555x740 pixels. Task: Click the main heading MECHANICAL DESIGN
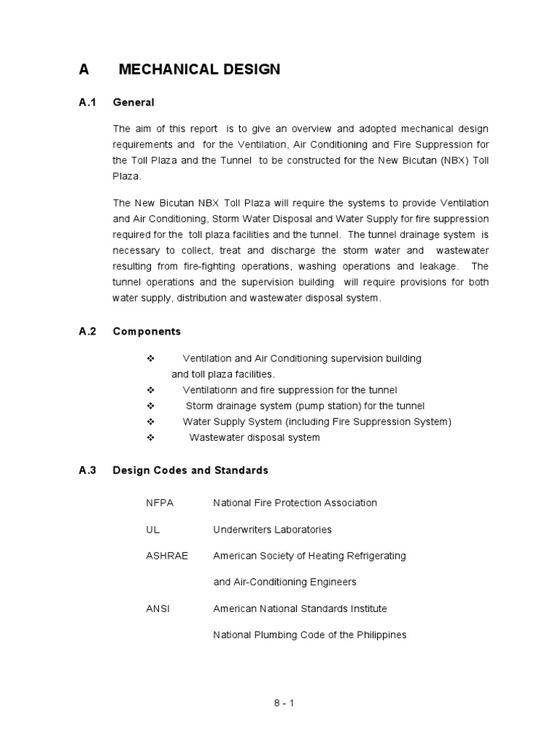point(199,69)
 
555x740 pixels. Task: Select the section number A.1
point(87,103)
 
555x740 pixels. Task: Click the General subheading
point(134,103)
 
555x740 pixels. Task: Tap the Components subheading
point(147,331)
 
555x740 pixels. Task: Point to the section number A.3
point(87,470)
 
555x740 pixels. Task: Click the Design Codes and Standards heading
point(190,470)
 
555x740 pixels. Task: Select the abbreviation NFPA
point(160,502)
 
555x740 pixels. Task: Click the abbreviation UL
point(152,529)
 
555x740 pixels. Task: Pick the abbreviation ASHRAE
point(167,556)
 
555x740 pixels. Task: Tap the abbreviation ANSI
point(158,608)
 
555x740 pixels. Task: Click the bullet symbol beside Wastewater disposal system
point(152,438)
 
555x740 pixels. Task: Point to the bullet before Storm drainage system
point(152,406)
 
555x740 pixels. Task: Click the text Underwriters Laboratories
point(272,529)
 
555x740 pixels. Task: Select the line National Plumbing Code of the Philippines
point(309,634)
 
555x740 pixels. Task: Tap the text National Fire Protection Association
point(295,502)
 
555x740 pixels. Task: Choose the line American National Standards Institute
point(300,608)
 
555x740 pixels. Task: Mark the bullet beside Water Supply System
point(152,422)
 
